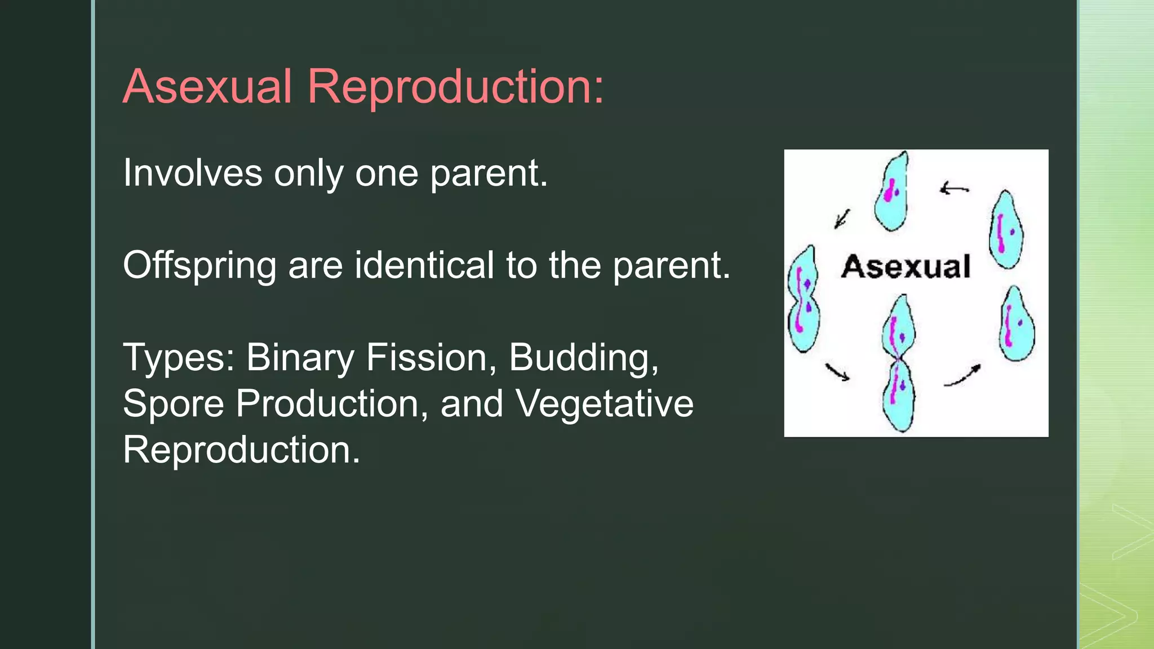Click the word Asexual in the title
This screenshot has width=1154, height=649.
click(207, 87)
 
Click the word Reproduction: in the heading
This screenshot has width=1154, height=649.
click(455, 88)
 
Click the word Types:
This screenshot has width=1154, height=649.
click(179, 358)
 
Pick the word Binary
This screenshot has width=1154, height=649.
click(300, 358)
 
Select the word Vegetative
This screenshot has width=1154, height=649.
click(605, 404)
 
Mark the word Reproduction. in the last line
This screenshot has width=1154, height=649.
click(241, 450)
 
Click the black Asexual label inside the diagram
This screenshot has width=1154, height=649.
click(906, 266)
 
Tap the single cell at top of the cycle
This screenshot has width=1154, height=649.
click(892, 192)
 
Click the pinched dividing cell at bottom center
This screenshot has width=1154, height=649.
click(899, 363)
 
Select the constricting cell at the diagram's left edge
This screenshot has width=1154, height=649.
click(803, 300)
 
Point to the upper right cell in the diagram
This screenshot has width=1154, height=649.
click(1006, 230)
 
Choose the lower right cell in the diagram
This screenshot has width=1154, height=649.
click(1017, 324)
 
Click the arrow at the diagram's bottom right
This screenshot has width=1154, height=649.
click(962, 376)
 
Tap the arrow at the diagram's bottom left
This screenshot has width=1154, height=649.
click(837, 372)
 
